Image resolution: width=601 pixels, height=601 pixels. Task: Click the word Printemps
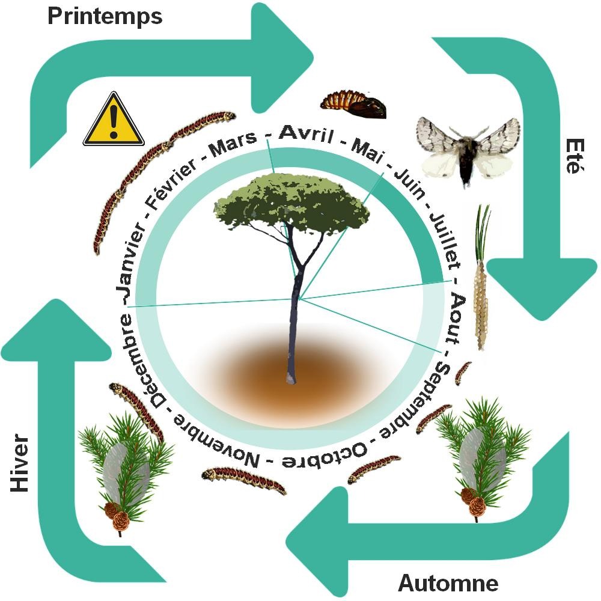pyautogui.click(x=105, y=17)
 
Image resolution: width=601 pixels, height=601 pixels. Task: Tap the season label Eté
pyautogui.click(x=574, y=156)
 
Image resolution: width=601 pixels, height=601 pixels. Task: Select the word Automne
pyautogui.click(x=448, y=582)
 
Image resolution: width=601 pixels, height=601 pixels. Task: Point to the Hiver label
pyautogui.click(x=20, y=463)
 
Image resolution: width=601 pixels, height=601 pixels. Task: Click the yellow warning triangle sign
pyautogui.click(x=114, y=121)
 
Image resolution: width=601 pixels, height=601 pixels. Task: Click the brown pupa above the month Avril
pyautogui.click(x=353, y=104)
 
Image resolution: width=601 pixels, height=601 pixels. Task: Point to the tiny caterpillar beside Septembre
pyautogui.click(x=462, y=373)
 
